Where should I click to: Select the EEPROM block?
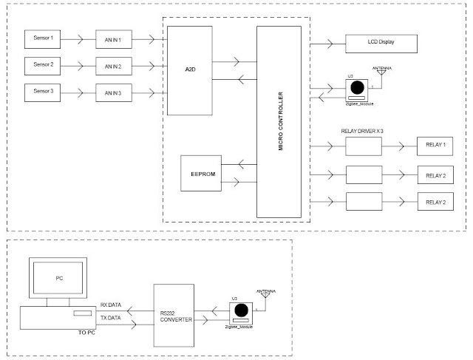click(x=201, y=174)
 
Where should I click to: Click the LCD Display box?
click(x=381, y=42)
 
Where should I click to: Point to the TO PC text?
click(x=87, y=333)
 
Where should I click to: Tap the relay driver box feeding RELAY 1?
click(x=363, y=146)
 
